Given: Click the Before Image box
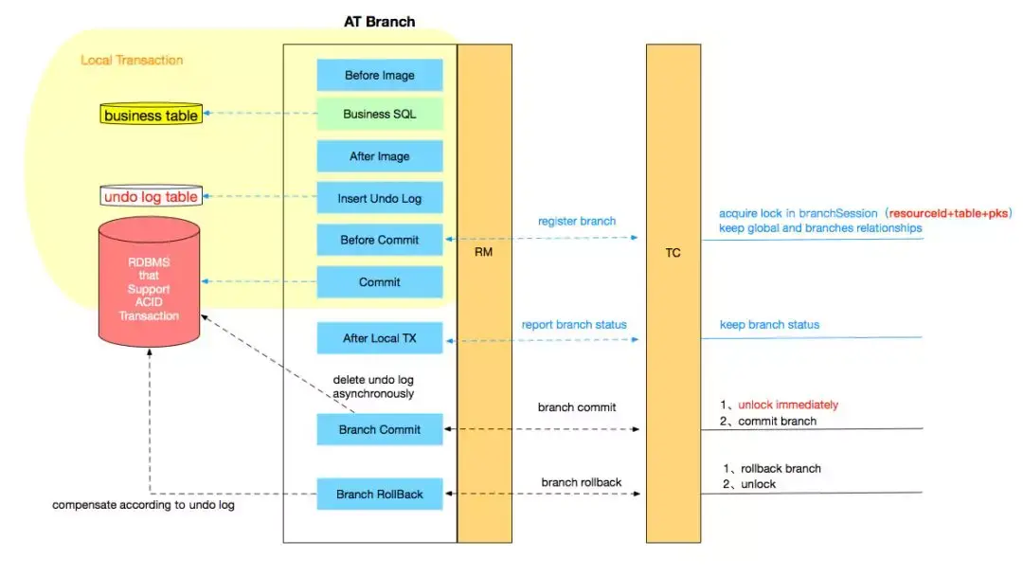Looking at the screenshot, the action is (380, 75).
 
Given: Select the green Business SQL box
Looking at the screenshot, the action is (380, 114).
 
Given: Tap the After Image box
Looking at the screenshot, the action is (380, 156).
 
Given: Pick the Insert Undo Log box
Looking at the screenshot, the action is (380, 198).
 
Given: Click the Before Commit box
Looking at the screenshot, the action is (380, 240).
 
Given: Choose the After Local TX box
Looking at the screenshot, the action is (380, 338).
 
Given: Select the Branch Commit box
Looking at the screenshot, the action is (380, 429).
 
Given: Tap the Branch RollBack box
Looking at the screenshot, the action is (380, 494).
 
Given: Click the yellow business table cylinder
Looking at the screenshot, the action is (151, 114).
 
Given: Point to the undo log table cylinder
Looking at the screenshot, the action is (151, 196).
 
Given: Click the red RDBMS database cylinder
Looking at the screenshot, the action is (150, 281).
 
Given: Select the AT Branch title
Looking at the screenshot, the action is (380, 22).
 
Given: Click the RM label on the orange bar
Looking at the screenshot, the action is (483, 252).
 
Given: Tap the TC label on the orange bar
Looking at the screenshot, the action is (673, 252).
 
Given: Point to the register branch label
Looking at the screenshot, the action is (577, 221).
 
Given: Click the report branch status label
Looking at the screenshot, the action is (574, 324).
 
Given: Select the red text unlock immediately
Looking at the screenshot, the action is (788, 405).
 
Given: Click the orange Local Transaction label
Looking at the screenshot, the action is (132, 60).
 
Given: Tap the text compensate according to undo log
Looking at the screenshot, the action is (144, 505).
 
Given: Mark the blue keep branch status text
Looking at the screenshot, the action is (769, 324).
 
